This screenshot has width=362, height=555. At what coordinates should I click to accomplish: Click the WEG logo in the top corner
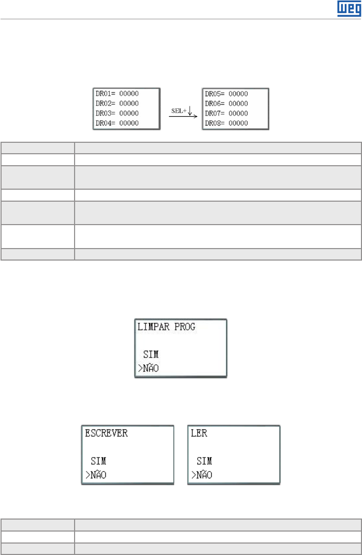(x=346, y=9)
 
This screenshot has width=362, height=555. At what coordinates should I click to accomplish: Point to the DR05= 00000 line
(x=226, y=94)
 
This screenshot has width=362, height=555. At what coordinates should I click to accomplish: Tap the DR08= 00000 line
(x=226, y=123)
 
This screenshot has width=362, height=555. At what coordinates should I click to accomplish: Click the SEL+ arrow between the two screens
(x=183, y=111)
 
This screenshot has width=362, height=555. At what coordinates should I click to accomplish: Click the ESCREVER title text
(x=106, y=434)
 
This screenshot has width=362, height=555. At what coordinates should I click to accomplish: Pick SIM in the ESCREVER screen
(x=98, y=462)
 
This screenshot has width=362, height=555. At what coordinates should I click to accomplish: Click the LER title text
(x=199, y=434)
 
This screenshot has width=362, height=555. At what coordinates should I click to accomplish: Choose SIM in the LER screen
(x=204, y=462)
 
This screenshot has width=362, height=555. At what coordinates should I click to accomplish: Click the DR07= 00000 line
(x=226, y=113)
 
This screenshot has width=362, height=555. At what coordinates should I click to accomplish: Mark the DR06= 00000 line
(x=226, y=104)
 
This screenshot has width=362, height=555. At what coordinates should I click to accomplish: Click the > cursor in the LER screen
(x=194, y=475)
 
